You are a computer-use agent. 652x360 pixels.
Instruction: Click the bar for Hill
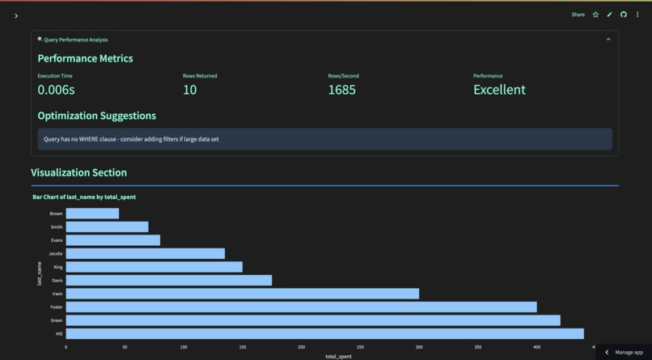pos(324,333)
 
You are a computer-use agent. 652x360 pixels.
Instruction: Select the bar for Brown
pos(92,214)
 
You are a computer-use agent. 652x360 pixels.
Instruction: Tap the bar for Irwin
pos(242,294)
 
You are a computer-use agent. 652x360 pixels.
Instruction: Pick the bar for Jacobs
pos(145,253)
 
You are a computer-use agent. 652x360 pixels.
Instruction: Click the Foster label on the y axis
pos(56,307)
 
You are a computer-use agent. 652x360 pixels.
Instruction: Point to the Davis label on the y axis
pos(57,281)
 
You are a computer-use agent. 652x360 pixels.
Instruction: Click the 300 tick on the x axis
pos(419,347)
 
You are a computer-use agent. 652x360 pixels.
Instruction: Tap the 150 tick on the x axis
pos(243,347)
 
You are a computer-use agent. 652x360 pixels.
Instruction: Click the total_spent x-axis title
pos(338,356)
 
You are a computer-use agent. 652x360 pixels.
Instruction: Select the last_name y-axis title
pos(39,273)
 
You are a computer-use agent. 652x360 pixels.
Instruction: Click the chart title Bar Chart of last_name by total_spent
pos(84,197)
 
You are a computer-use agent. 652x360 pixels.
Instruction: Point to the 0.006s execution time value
pos(56,90)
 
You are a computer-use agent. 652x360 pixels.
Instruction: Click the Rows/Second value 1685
pos(341,90)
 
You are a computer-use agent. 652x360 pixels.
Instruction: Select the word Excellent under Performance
pos(499,90)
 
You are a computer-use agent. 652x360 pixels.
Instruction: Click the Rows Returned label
pos(200,76)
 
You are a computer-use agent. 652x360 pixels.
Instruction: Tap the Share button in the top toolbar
pos(578,15)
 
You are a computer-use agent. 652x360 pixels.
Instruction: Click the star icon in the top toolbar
pos(595,15)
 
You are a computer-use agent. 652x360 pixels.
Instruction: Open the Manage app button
pos(624,352)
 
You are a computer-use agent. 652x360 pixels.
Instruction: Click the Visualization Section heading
pos(78,172)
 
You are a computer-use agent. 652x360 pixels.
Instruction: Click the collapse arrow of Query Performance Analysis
pos(608,39)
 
